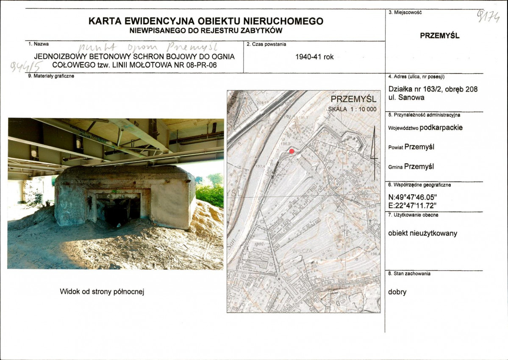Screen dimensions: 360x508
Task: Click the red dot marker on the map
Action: click(291, 151)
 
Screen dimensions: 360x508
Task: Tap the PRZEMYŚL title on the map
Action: click(353, 100)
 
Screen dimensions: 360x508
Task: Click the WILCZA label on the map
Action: click(302, 251)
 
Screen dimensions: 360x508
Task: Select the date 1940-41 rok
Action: click(314, 57)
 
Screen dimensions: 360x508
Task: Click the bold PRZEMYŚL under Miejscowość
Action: click(439, 36)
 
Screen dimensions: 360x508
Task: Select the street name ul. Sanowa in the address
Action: click(406, 98)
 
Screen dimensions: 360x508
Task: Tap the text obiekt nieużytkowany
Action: click(422, 233)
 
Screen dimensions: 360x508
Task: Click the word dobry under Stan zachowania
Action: click(397, 292)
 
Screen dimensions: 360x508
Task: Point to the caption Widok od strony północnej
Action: click(105, 291)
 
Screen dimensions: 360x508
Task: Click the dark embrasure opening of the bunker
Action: click(118, 209)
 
